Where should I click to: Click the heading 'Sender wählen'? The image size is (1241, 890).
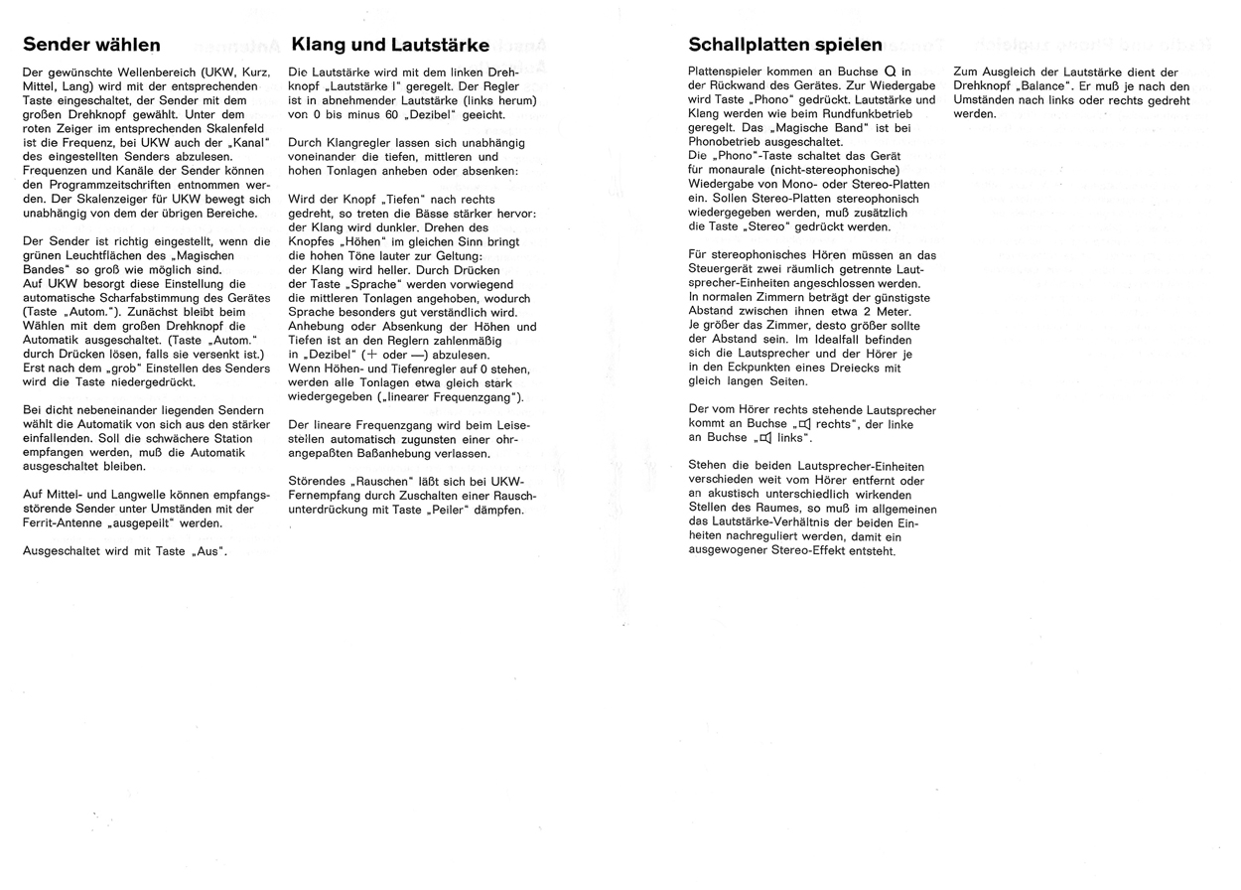click(x=91, y=45)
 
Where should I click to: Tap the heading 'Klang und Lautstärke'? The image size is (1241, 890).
click(x=390, y=45)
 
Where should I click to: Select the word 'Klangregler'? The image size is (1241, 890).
click(x=360, y=143)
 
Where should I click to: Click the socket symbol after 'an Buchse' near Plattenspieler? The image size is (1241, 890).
click(x=891, y=72)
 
